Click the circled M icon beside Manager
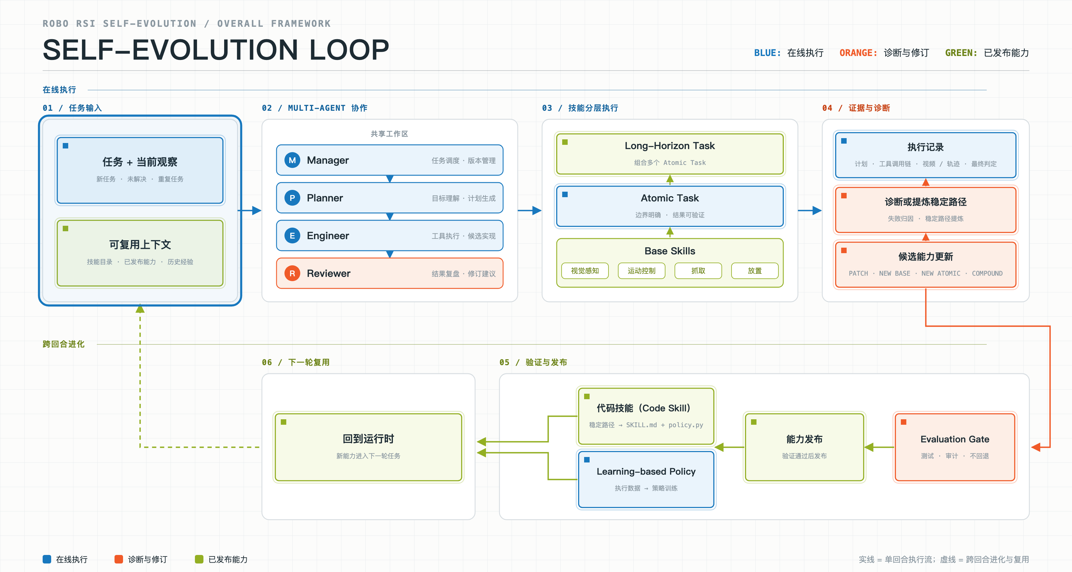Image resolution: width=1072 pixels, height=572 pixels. [292, 160]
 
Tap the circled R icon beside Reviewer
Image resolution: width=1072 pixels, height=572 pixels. [292, 273]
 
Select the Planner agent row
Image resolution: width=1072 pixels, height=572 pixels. [390, 198]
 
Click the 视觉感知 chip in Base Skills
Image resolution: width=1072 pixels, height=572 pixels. [585, 270]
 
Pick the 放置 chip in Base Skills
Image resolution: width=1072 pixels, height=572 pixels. [754, 270]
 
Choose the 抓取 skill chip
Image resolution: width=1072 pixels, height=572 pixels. [698, 270]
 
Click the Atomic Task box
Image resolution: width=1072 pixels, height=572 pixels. [670, 206]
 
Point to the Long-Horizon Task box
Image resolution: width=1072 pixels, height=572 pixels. [670, 154]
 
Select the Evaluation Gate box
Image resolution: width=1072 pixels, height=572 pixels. [955, 447]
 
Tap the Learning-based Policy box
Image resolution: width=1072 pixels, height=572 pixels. [646, 479]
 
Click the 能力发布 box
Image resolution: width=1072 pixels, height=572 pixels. [804, 447]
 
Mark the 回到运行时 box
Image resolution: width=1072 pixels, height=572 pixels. [368, 447]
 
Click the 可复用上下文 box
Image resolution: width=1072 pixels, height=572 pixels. [140, 253]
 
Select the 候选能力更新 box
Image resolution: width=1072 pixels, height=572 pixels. [926, 264]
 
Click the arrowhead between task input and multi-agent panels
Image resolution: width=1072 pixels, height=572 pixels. [257, 210]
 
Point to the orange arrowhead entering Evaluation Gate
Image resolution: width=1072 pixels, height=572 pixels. [1036, 447]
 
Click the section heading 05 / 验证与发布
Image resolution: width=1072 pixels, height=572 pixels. [533, 362]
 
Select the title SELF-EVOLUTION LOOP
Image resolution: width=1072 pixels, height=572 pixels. [216, 50]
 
